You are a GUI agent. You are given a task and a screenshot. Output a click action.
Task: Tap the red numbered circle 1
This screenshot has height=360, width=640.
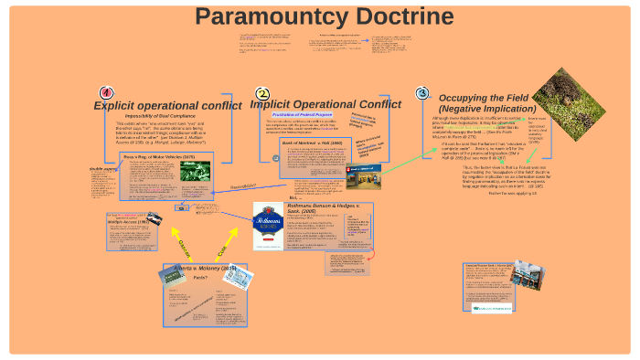click(x=105, y=93)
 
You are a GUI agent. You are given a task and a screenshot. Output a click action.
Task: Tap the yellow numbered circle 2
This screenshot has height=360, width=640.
click(x=262, y=93)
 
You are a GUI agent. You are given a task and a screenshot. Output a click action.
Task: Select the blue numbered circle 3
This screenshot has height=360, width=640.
click(x=421, y=92)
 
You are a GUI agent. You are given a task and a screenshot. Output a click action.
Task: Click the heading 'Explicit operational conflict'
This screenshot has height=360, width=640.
click(x=168, y=105)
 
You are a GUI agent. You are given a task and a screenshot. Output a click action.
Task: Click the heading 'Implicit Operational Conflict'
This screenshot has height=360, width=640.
click(x=325, y=104)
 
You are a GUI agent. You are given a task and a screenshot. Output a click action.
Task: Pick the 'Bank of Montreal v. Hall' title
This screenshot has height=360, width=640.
click(x=311, y=143)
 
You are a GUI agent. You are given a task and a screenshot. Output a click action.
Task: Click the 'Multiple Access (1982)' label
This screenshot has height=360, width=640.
click(x=126, y=222)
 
